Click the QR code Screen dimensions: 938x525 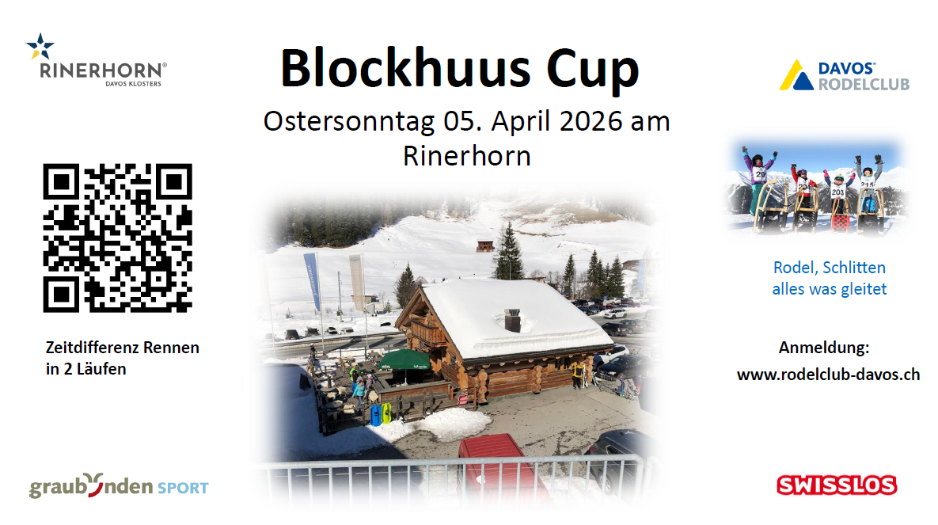point(117,238)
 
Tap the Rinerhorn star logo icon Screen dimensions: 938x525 point(40,46)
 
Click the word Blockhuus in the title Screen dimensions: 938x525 point(405,68)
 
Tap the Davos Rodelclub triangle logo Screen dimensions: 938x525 point(796,75)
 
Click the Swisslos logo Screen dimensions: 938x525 point(837,485)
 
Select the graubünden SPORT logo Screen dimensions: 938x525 point(119,485)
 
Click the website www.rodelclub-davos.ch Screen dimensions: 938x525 point(829,375)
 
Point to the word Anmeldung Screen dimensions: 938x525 point(824,348)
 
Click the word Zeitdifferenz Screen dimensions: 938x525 point(92,348)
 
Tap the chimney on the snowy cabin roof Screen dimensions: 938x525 point(513,320)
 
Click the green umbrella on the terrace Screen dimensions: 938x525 point(406,360)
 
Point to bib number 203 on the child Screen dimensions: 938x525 point(837,192)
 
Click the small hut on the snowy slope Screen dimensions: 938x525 point(485,246)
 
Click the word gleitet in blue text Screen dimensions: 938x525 point(864,290)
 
